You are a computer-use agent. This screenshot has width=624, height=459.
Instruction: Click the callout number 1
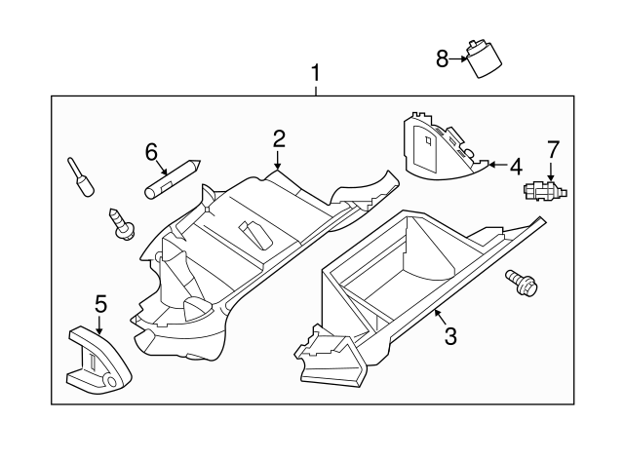(x=315, y=72)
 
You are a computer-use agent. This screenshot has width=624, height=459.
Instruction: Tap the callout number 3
(x=450, y=336)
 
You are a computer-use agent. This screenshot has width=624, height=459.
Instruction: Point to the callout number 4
(x=516, y=166)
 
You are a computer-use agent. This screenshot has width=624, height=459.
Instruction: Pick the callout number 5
(x=100, y=303)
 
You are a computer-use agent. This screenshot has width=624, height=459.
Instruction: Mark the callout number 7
(x=553, y=149)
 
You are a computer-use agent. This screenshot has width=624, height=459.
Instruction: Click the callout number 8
(x=442, y=59)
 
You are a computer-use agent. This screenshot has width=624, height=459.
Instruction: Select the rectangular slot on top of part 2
(x=255, y=235)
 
